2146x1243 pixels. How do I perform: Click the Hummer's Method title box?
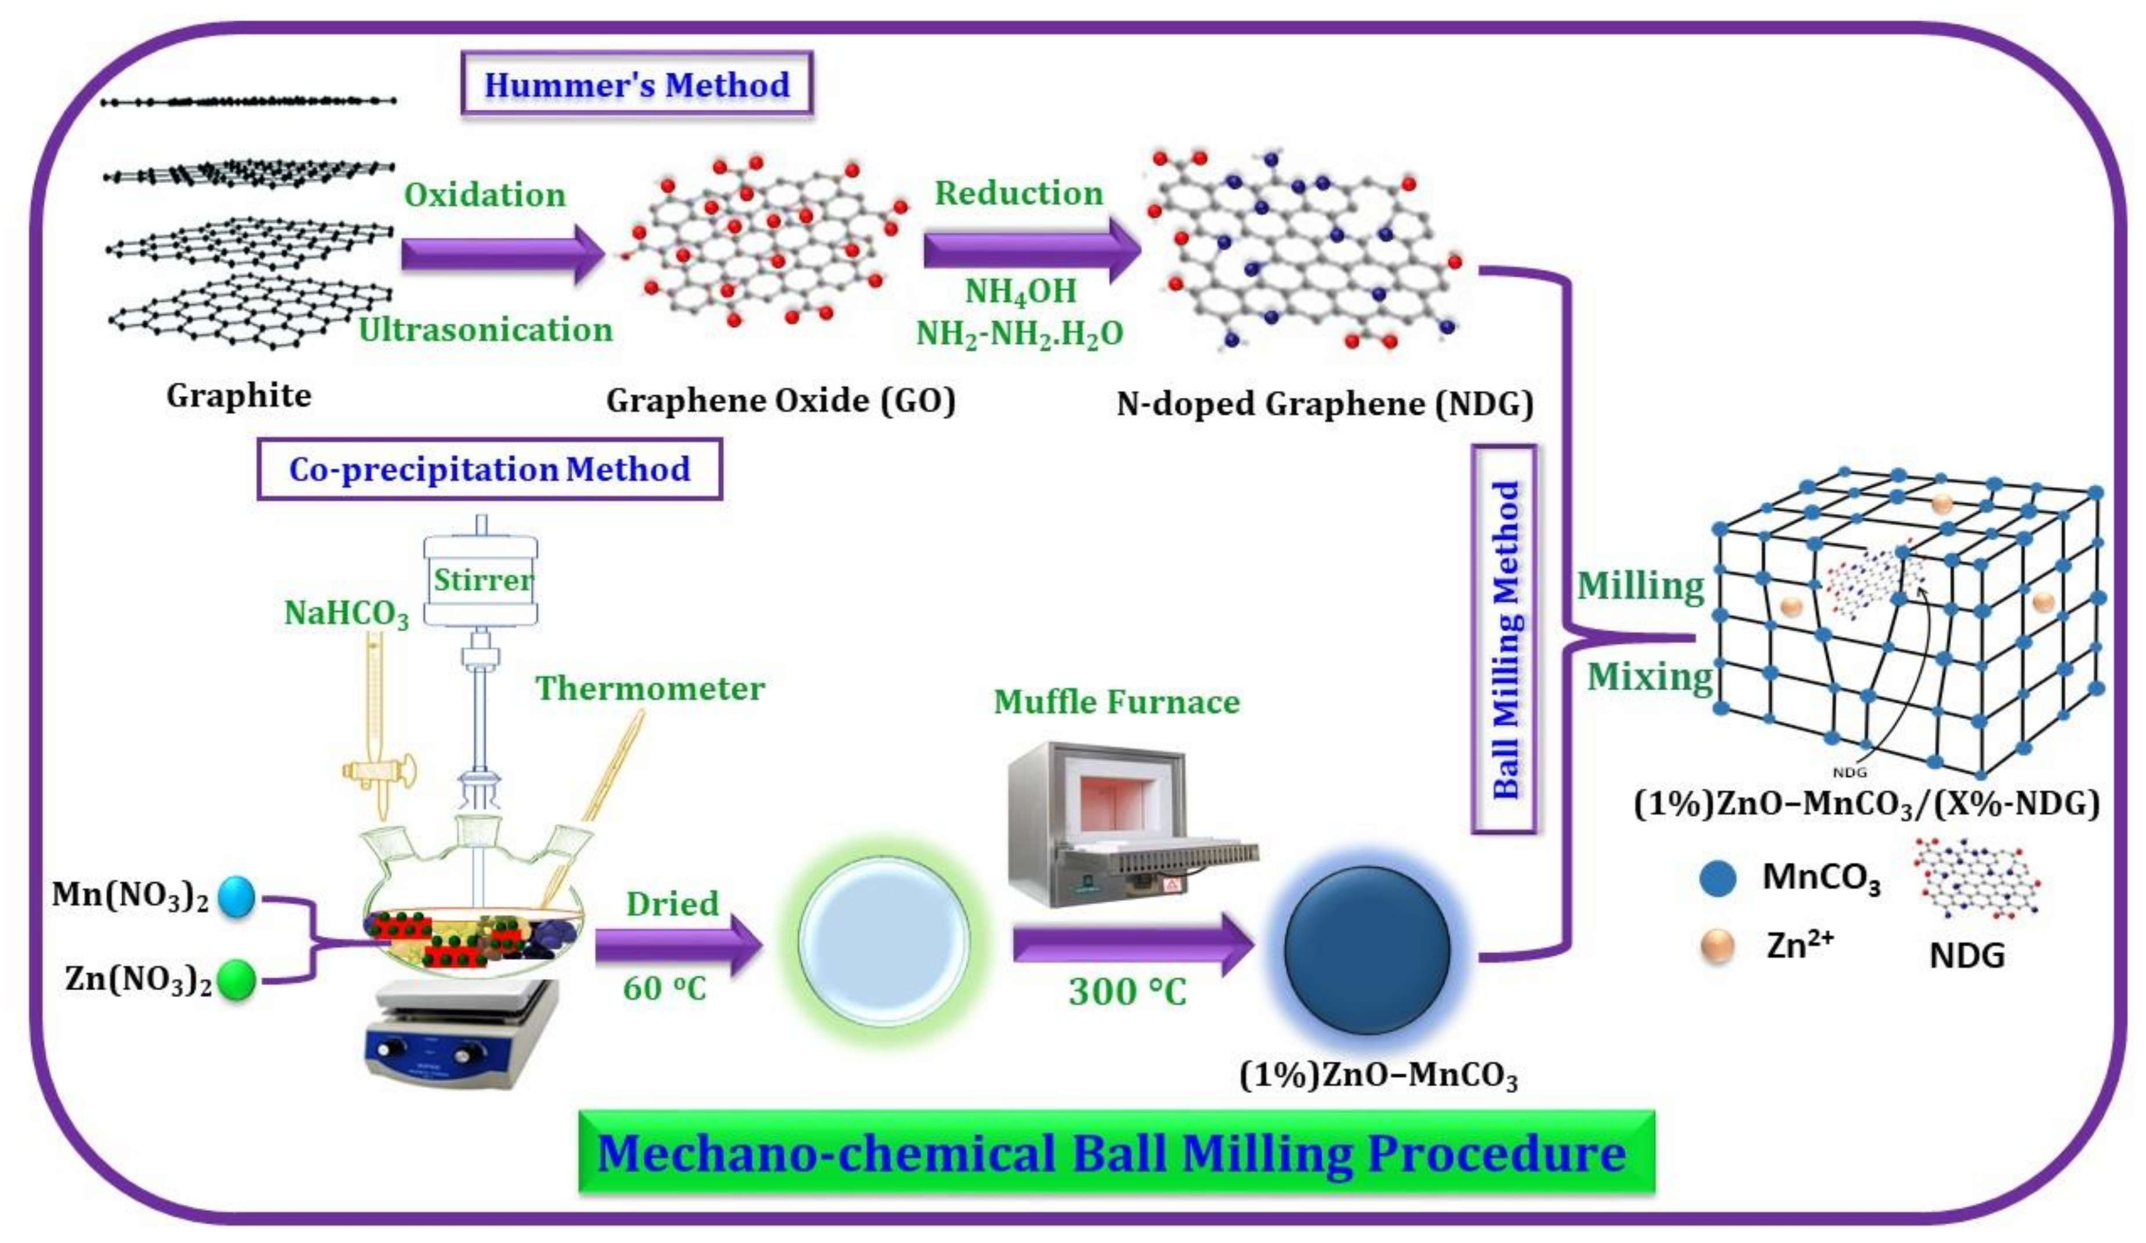pos(636,84)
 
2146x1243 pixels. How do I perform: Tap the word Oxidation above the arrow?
pos(484,195)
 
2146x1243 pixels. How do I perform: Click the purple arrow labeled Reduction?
pos(1031,249)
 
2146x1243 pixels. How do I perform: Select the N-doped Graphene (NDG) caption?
pos(1324,404)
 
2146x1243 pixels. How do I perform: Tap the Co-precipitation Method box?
pos(490,469)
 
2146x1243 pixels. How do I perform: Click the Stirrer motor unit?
pos(481,581)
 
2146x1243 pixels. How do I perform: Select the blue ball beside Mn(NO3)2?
pos(236,897)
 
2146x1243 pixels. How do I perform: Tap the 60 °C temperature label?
pos(664,989)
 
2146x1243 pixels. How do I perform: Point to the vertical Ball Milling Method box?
pos(1505,638)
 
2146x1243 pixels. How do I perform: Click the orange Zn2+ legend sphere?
pos(1717,946)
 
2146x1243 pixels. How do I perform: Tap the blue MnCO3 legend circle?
pos(1717,878)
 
